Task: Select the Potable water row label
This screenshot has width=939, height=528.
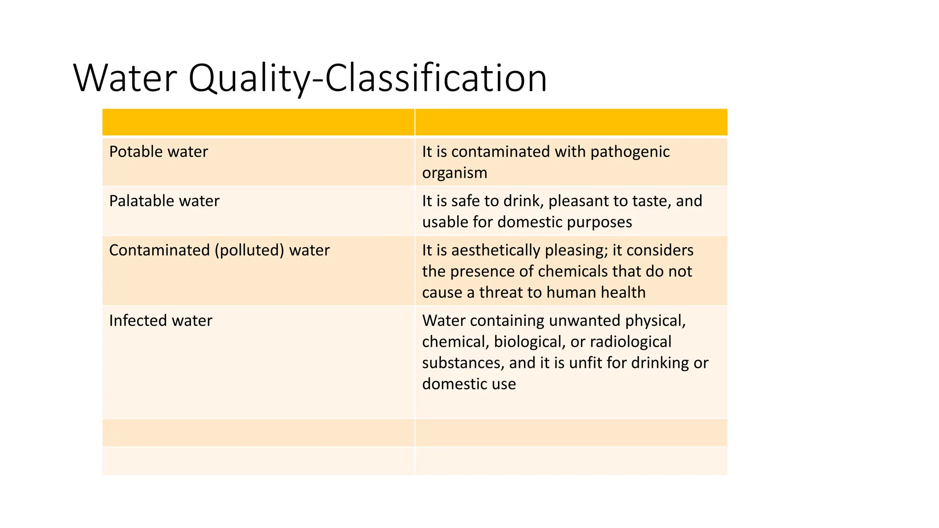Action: tap(158, 152)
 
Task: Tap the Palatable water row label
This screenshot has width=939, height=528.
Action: tap(164, 201)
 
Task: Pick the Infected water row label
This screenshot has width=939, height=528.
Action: tap(160, 320)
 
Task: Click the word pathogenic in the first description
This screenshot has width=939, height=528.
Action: tap(630, 152)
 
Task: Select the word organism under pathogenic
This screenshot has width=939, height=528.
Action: tap(454, 173)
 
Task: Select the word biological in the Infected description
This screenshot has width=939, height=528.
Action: tap(528, 341)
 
